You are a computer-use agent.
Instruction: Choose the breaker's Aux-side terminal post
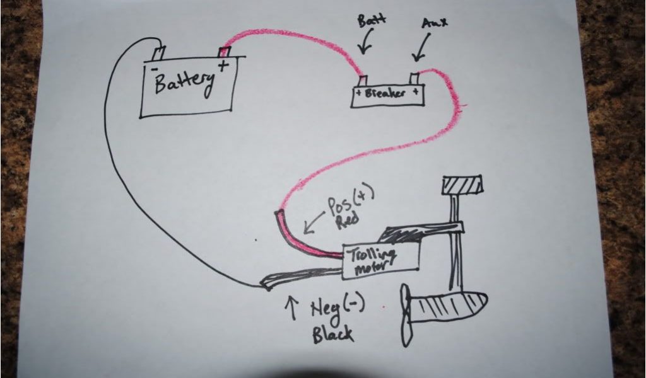click(415, 79)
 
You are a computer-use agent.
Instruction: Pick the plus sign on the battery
click(223, 66)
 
